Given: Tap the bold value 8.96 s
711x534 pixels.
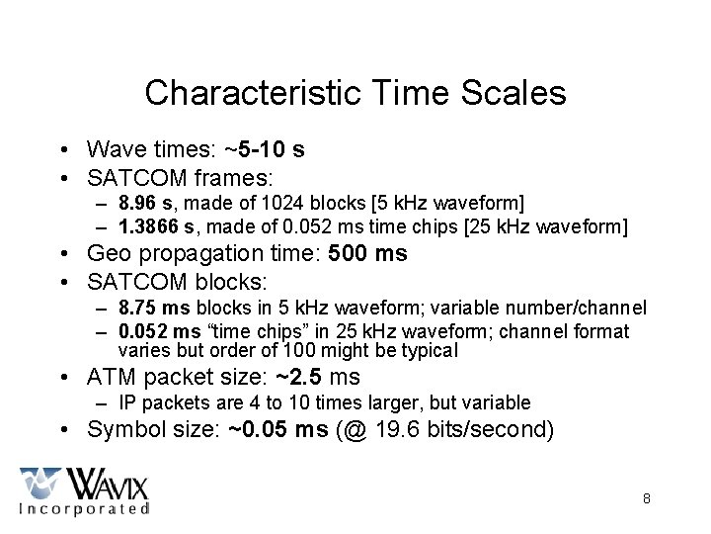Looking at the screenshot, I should pos(145,205).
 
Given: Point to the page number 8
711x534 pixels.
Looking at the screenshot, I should pos(646,498).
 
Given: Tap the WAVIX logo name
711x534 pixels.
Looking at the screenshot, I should pos(106,484).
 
